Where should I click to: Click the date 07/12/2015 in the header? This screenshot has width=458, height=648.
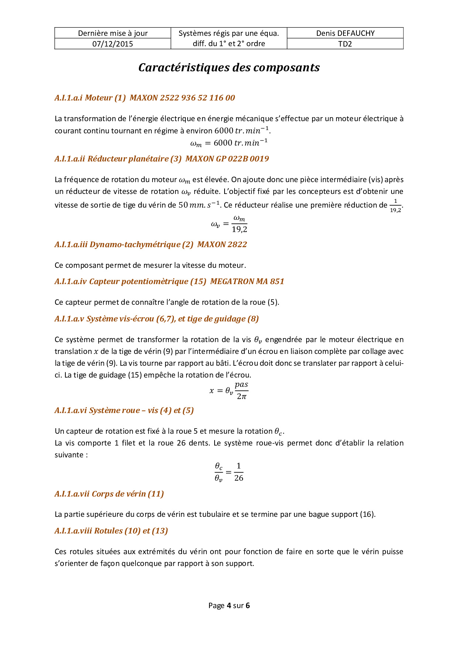click(113, 44)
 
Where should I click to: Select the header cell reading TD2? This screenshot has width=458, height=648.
click(345, 44)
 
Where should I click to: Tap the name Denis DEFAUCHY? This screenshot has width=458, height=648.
click(345, 33)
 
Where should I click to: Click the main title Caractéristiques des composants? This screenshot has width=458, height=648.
click(229, 68)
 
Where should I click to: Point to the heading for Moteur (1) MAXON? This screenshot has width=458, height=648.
click(145, 98)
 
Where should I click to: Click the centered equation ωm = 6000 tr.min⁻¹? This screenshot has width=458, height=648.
click(229, 143)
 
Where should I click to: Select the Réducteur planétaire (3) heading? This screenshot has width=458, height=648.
click(162, 159)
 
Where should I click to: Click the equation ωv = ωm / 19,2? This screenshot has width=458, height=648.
click(229, 224)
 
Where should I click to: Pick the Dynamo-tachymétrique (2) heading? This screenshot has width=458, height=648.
click(151, 245)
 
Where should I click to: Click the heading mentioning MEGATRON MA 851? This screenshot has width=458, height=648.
click(170, 282)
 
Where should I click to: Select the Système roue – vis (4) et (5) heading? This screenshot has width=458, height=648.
click(124, 410)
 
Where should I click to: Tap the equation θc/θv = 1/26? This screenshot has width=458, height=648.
click(229, 472)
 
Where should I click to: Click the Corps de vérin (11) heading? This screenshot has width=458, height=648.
click(109, 494)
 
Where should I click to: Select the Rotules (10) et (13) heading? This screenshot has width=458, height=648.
click(111, 531)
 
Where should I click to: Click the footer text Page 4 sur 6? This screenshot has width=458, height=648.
click(229, 606)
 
